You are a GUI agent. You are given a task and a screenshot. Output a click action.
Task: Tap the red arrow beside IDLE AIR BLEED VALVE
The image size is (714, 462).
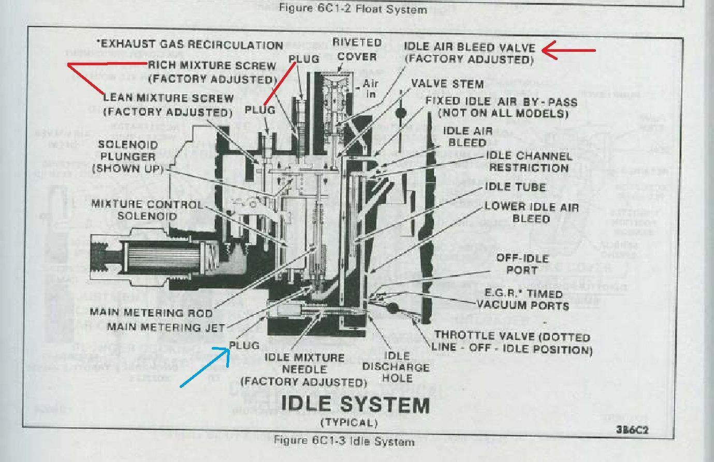tap(569, 50)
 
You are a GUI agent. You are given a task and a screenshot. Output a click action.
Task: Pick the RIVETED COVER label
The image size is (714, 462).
tap(357, 49)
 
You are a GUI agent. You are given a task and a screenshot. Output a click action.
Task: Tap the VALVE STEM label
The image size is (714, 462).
tap(447, 83)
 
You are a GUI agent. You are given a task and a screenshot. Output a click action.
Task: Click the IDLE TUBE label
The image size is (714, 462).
tap(515, 187)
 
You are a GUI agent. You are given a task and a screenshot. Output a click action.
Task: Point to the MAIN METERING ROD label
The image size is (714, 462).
tap(151, 312)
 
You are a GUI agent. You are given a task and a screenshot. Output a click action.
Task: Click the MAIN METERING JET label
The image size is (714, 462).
tap(166, 327)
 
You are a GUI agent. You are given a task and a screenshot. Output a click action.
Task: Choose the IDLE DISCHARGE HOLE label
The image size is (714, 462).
tap(396, 367)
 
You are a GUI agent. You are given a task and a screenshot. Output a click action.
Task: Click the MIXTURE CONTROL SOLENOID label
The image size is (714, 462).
tap(147, 210)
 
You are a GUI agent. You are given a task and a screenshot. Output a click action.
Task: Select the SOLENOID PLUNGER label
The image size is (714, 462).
tap(127, 156)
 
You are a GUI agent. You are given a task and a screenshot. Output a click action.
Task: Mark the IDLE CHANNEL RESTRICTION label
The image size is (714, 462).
tap(529, 162)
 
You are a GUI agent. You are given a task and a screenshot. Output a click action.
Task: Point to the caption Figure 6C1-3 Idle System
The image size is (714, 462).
tap(343, 441)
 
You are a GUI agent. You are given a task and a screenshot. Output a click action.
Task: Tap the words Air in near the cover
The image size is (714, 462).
tap(370, 89)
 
